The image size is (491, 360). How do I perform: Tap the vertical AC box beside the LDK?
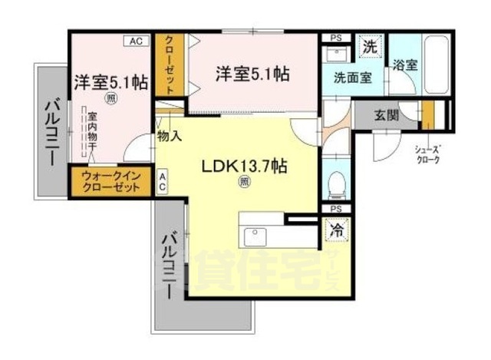click(162, 182)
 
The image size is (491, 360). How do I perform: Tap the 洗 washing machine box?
click(370, 47)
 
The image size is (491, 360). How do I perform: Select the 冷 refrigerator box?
click(336, 228)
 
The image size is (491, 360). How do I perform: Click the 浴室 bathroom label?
click(405, 64)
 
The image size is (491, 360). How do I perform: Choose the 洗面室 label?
click(352, 78)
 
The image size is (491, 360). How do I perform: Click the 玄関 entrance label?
click(386, 116)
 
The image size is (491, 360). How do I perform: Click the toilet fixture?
click(335, 183)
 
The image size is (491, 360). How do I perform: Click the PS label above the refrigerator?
click(335, 209)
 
